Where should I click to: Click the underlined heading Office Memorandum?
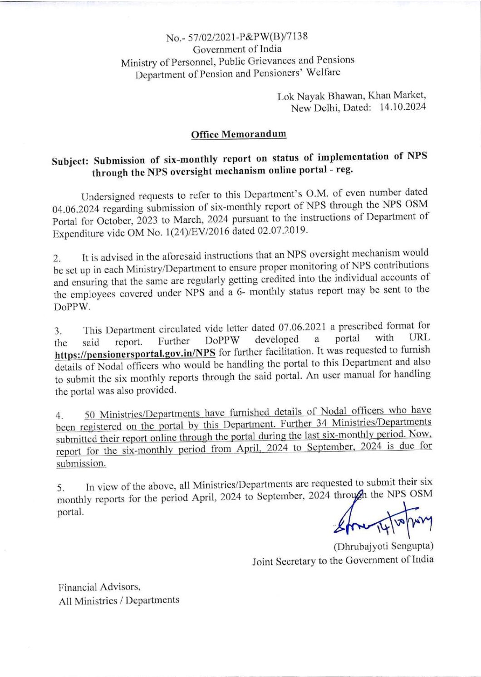239,134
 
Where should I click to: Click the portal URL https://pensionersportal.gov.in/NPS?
135,353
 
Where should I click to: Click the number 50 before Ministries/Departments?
90,415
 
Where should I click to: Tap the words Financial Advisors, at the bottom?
99,587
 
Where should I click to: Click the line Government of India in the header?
237,49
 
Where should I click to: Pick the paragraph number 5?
60,488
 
